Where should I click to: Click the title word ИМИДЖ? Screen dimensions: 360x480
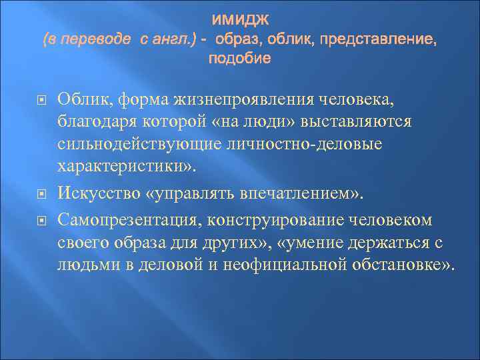click(x=240, y=21)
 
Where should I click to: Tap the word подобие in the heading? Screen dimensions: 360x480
click(x=240, y=59)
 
